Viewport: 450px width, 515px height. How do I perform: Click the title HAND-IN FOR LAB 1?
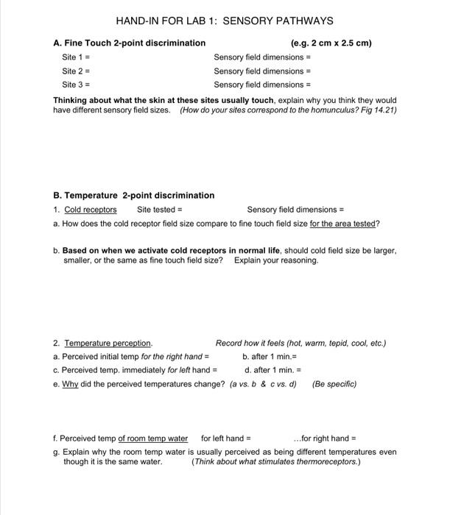coord(225,21)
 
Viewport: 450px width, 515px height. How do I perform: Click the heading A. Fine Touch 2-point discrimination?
coord(130,43)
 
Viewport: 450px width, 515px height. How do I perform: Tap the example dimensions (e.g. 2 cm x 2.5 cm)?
coord(331,43)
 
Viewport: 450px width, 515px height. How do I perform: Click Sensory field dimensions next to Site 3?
coord(262,85)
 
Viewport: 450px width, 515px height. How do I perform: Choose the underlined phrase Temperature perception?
coord(108,344)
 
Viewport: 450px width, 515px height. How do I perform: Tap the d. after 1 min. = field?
coord(273,370)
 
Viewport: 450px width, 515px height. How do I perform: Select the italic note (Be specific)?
coord(334,383)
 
